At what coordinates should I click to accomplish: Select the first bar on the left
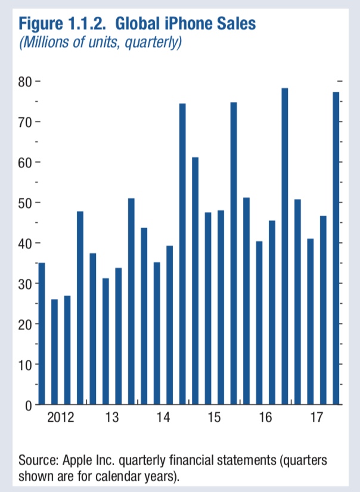pyautogui.click(x=42, y=334)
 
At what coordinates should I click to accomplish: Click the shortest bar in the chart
pyautogui.click(x=55, y=352)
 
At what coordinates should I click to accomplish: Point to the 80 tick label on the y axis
pyautogui.click(x=24, y=82)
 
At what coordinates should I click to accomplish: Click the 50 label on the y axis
pyautogui.click(x=24, y=203)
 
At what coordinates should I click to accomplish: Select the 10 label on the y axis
pyautogui.click(x=24, y=365)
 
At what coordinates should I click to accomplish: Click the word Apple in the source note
pyautogui.click(x=79, y=460)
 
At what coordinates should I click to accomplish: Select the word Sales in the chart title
pyautogui.click(x=235, y=24)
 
